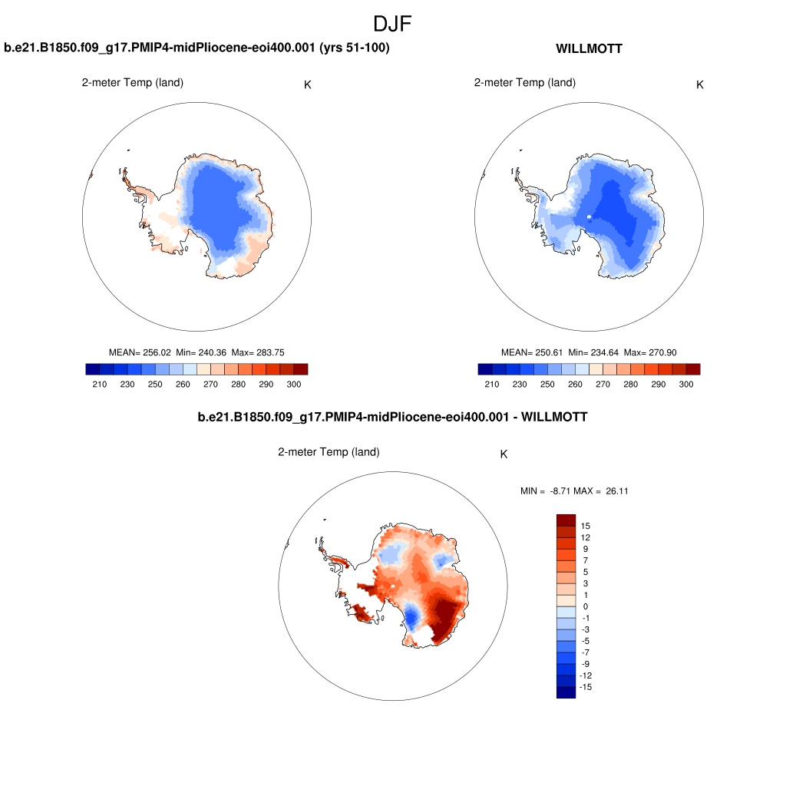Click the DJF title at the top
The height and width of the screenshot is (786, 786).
(392, 24)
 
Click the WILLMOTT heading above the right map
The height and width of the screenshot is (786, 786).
(589, 48)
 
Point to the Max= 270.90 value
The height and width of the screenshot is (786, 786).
(649, 352)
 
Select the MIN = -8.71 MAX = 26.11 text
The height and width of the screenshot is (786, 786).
(574, 490)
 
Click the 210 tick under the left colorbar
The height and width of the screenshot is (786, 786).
(99, 384)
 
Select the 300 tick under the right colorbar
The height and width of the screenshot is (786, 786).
(686, 384)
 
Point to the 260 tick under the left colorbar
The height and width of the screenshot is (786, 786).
(183, 384)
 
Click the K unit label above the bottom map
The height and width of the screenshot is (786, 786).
(504, 454)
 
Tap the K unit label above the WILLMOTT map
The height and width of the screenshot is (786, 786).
(700, 84)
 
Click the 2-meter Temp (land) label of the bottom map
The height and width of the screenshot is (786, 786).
(329, 452)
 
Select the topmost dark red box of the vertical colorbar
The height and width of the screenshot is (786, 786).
(566, 520)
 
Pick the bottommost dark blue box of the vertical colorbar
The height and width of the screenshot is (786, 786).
(566, 692)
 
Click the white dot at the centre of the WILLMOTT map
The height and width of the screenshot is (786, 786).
(589, 217)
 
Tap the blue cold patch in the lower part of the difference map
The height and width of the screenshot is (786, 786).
(412, 616)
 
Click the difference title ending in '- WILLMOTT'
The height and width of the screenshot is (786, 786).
(392, 417)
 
